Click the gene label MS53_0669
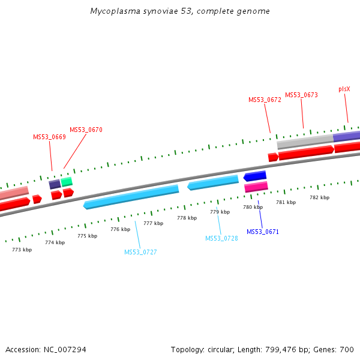click(x=49, y=137)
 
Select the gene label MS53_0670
click(x=86, y=130)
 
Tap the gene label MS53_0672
click(x=265, y=100)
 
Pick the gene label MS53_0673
click(x=301, y=95)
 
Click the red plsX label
click(x=344, y=89)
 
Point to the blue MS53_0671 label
click(x=263, y=232)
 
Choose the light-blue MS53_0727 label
click(x=140, y=252)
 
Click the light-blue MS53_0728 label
click(x=221, y=238)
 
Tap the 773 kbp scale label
click(x=22, y=249)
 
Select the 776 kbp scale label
click(x=120, y=229)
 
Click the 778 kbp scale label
click(x=187, y=218)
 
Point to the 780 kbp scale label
click(x=253, y=207)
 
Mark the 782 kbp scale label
click(x=319, y=197)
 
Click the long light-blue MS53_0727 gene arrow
click(x=132, y=196)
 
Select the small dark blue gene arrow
click(x=255, y=176)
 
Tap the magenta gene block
click(x=256, y=187)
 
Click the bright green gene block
click(x=67, y=181)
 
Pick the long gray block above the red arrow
click(x=305, y=142)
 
